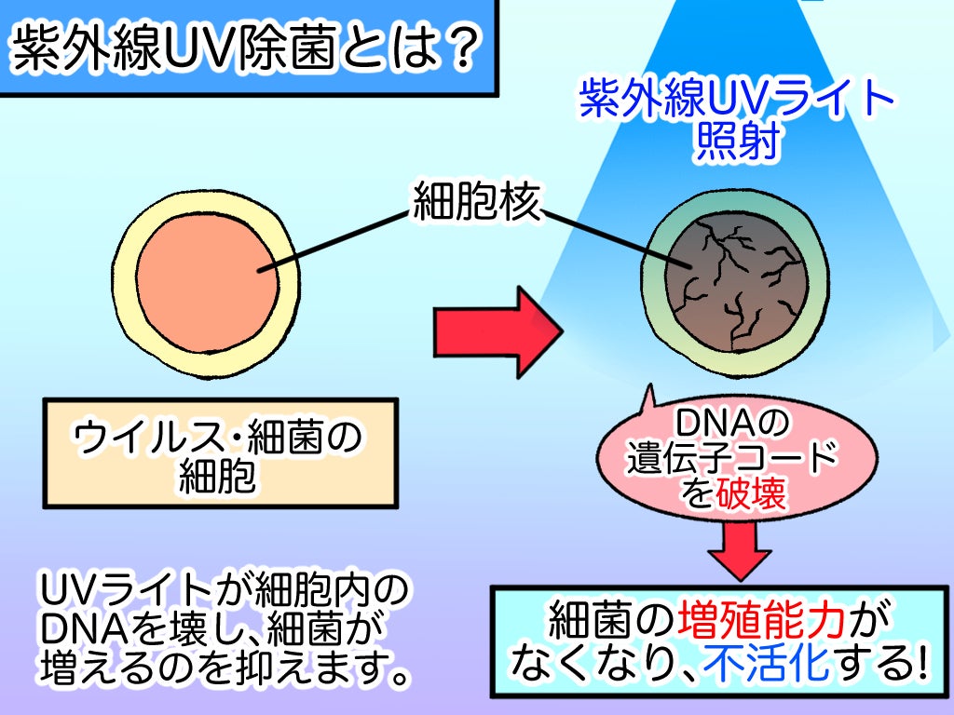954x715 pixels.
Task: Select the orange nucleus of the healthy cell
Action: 209,279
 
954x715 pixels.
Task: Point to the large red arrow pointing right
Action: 498,331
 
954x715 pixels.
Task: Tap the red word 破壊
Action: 753,493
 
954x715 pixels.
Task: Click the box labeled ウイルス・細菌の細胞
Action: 220,453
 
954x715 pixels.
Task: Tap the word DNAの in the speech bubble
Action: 732,425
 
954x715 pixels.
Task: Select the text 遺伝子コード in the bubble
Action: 732,458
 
